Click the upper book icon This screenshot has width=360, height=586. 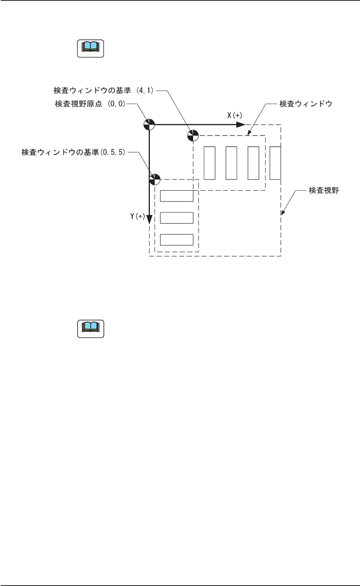pyautogui.click(x=90, y=48)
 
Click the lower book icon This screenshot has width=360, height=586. pyautogui.click(x=90, y=329)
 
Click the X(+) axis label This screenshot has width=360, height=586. pyautogui.click(x=234, y=115)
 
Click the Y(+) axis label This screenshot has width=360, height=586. pyautogui.click(x=137, y=217)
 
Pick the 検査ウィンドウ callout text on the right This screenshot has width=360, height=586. pyautogui.click(x=306, y=104)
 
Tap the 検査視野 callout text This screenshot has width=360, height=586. pyautogui.click(x=324, y=190)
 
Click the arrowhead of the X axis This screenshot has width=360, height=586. pyautogui.click(x=241, y=124)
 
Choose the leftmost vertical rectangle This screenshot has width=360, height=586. pyautogui.click(x=209, y=163)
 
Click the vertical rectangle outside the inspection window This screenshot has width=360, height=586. pyautogui.click(x=275, y=163)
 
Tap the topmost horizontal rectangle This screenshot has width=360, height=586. pyautogui.click(x=177, y=196)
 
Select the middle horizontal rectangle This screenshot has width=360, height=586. pyautogui.click(x=177, y=218)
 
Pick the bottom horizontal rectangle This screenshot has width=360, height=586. pyautogui.click(x=177, y=240)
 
